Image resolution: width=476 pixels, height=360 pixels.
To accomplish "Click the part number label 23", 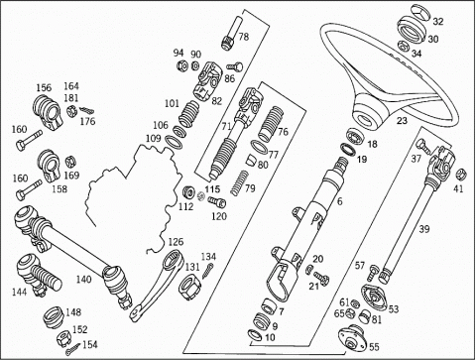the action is click(x=402, y=121).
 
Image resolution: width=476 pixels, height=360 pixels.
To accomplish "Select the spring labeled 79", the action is click(x=240, y=182).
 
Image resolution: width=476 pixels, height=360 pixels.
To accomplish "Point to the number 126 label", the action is click(x=176, y=242).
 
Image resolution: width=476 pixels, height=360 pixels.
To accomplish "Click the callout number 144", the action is click(x=20, y=293).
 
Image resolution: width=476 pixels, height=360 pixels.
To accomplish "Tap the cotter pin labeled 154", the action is click(x=72, y=348).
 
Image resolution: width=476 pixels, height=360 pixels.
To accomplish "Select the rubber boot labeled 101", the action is click(x=189, y=115).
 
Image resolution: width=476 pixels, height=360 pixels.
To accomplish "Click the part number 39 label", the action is click(x=424, y=229).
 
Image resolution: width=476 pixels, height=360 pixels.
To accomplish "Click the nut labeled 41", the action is click(x=460, y=175).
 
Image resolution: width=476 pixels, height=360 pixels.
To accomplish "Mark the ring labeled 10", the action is click(x=254, y=335).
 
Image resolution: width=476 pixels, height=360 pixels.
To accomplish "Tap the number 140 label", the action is click(x=83, y=280).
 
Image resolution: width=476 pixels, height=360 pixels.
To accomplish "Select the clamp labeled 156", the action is click(x=48, y=112).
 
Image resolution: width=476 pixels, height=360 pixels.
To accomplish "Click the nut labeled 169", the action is click(x=70, y=162).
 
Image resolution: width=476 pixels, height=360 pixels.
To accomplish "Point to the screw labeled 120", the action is click(x=216, y=201).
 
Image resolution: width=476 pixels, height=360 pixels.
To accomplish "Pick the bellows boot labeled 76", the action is click(x=271, y=123).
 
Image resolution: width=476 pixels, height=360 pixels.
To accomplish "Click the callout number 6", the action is click(x=340, y=201).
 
